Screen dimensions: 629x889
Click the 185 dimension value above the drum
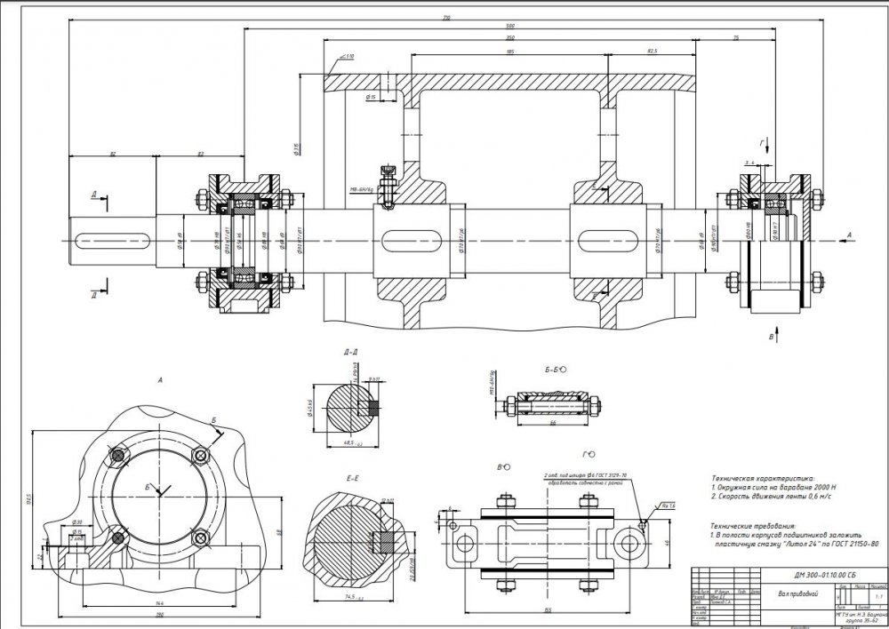click(509, 51)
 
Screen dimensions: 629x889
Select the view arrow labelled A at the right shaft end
click(848, 234)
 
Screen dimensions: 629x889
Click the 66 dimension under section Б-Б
click(552, 425)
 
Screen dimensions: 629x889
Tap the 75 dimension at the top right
click(737, 38)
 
